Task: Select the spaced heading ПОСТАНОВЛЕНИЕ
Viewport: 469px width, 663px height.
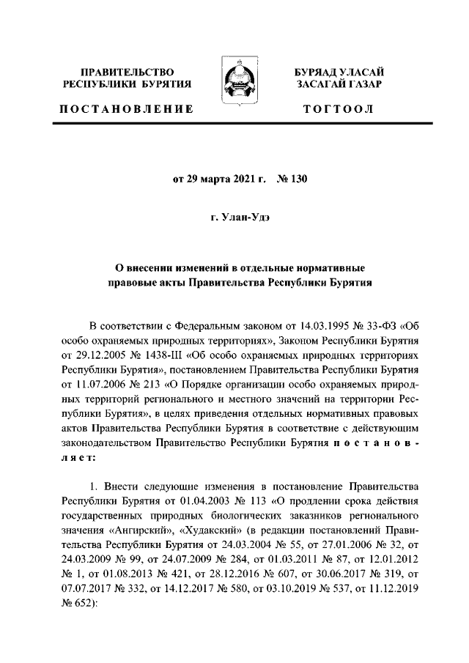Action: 126,109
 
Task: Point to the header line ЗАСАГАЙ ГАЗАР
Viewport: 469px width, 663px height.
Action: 339,84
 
